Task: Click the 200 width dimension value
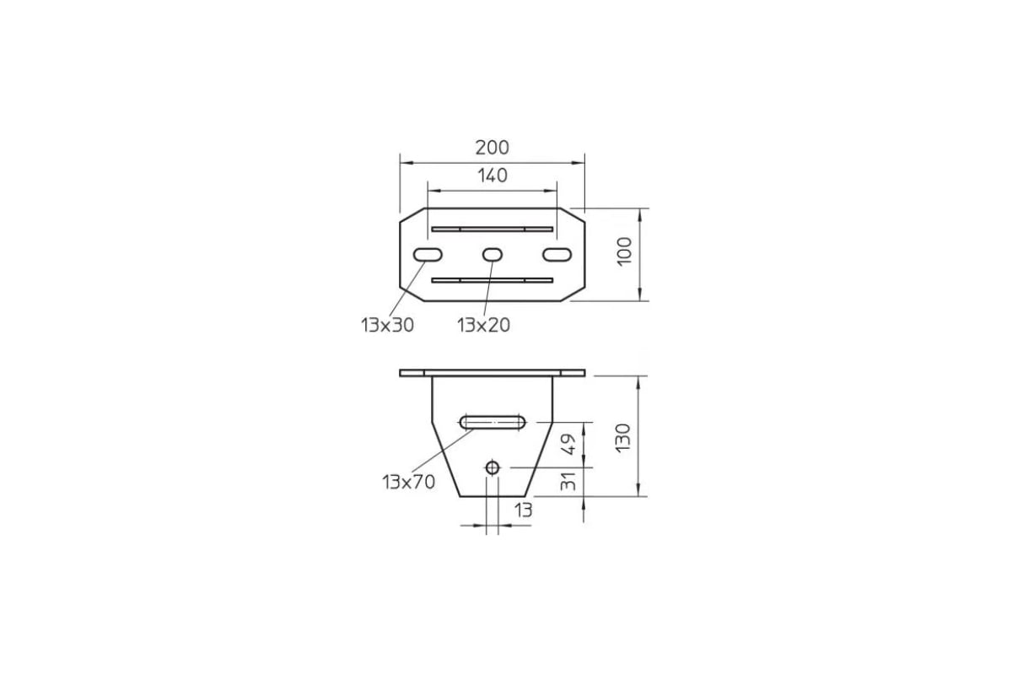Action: tap(492, 148)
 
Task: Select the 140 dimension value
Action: tap(493, 175)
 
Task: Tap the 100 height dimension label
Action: tap(625, 251)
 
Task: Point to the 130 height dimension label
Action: tap(623, 438)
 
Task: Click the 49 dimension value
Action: tap(568, 445)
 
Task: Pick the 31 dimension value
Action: tap(568, 481)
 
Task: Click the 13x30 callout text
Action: tap(387, 325)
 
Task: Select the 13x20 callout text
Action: tap(483, 325)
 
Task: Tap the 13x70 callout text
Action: tap(408, 483)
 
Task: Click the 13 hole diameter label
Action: tap(523, 510)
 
